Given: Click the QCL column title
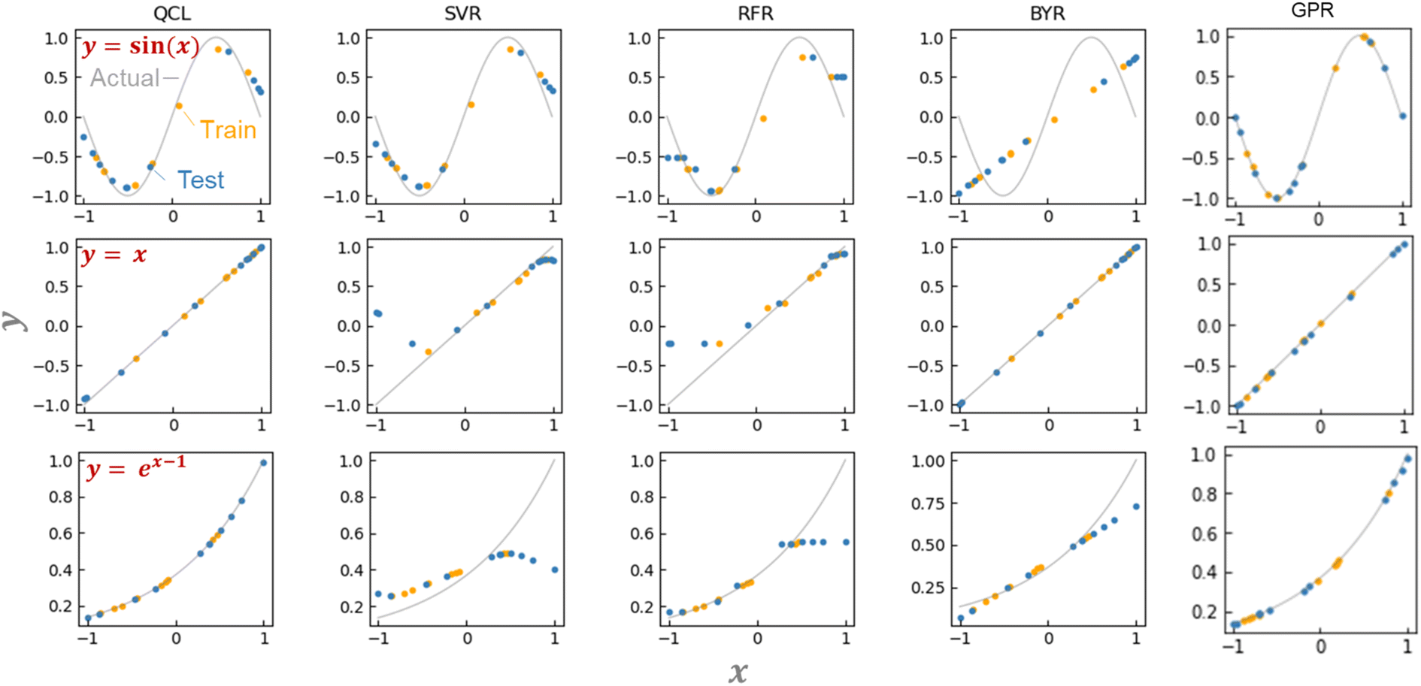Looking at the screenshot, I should tap(171, 14).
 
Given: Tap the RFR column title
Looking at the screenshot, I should tap(755, 14).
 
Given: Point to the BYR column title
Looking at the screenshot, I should tap(1047, 14).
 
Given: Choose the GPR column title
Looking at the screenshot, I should tap(1312, 11).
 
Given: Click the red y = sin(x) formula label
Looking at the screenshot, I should tap(141, 47).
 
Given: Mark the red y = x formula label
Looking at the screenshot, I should tap(114, 255).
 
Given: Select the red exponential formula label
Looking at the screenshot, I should tap(135, 468).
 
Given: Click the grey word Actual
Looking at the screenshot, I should tap(125, 78).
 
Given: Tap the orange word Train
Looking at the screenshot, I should tap(228, 130).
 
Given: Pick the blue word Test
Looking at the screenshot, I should tap(200, 180).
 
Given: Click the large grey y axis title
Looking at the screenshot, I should tap(14, 321).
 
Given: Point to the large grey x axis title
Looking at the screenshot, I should tap(738, 672).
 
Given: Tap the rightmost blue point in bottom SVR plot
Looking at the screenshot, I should tap(555, 570).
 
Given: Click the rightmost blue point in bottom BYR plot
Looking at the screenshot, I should tap(1136, 506).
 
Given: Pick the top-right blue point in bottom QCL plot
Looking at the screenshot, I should tap(263, 463).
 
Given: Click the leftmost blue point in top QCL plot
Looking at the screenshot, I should tap(83, 137).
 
